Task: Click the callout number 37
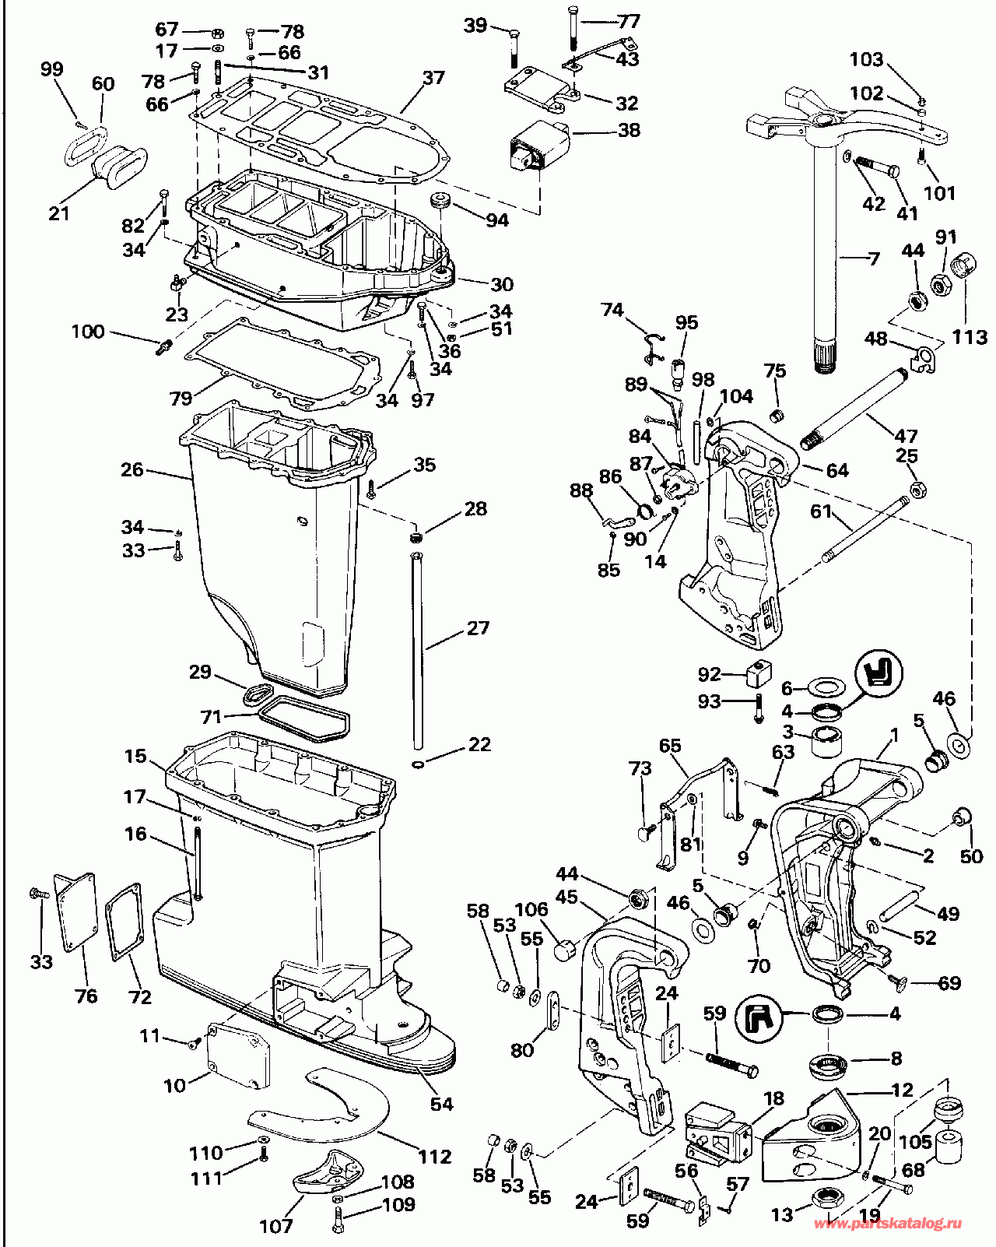(x=433, y=77)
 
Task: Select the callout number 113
(x=969, y=336)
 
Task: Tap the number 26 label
(x=132, y=469)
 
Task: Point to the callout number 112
(x=434, y=1157)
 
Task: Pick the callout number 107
(x=275, y=1227)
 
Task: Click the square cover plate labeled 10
(x=239, y=1059)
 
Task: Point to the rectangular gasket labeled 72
(x=124, y=922)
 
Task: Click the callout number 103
(x=866, y=59)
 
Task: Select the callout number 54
(x=441, y=1104)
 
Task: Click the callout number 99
(x=51, y=68)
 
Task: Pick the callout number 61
(x=821, y=511)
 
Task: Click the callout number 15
(x=135, y=756)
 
